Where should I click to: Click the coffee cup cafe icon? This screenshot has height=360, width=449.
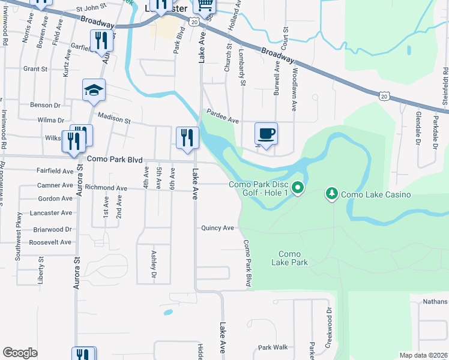point(265,133)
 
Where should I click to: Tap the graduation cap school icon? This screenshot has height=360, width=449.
point(94,90)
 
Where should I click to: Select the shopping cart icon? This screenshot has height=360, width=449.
point(205,6)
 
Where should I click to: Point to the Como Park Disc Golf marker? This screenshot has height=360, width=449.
point(297,190)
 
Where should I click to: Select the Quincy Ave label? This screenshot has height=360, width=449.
point(217,228)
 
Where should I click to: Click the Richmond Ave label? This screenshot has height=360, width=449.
point(106,188)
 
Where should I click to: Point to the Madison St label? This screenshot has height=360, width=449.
point(114,119)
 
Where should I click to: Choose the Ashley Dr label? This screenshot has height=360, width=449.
point(154,264)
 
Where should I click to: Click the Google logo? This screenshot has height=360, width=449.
point(20,353)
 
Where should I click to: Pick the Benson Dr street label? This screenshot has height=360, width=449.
point(47,104)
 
